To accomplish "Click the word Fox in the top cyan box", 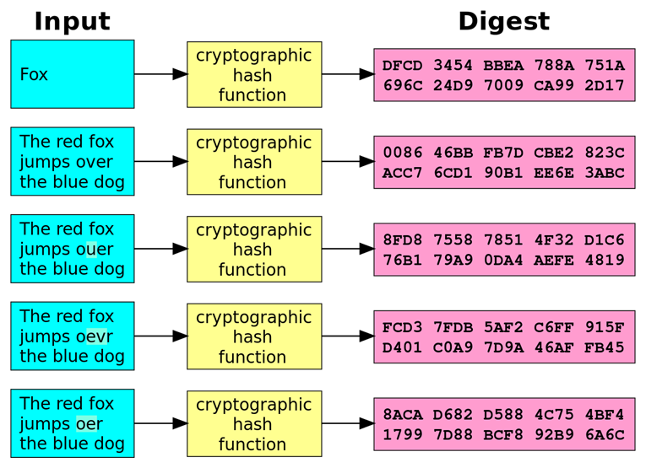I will [34, 74].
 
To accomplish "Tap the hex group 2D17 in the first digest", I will [604, 85].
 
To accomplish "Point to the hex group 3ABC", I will [604, 173].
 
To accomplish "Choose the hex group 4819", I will [604, 260].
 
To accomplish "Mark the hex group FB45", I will [604, 347].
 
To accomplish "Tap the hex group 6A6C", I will [604, 434].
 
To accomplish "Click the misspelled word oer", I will [89, 424].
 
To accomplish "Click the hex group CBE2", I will [554, 153].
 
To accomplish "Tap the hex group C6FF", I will [554, 327].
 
